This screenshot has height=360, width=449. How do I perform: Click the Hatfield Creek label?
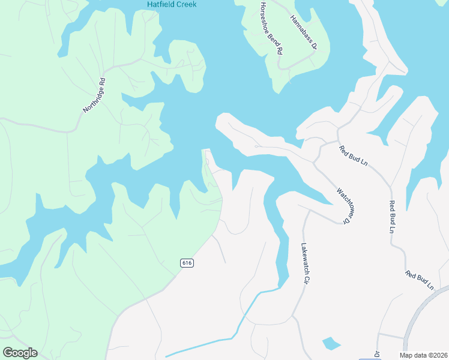point(172,5)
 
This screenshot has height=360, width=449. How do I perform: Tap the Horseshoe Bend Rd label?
point(271,28)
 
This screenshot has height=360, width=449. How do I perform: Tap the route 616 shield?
point(187,263)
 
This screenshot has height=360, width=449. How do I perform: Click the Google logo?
point(20,353)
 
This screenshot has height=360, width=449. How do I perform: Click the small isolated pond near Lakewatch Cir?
point(331,344)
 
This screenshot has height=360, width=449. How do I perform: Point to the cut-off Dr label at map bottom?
point(378,354)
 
